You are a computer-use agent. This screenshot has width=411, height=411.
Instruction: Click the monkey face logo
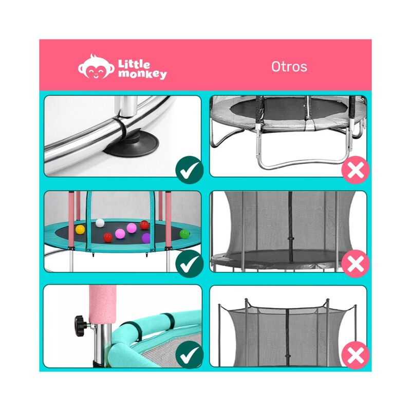point(96,68)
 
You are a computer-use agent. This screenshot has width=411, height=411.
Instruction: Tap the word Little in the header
point(135,64)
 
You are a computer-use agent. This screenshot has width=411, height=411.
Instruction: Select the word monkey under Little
point(142,75)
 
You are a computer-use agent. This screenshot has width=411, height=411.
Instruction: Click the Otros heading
point(289,67)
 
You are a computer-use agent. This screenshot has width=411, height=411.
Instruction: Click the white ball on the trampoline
point(100,223)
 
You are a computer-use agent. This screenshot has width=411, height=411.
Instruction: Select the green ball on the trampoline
point(184,234)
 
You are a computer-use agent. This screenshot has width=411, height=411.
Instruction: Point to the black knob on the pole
point(81,324)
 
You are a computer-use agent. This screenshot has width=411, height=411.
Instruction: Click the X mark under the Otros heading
point(355,170)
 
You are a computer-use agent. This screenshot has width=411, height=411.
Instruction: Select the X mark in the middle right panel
point(355,265)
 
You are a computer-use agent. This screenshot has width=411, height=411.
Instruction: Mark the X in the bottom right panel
point(355,356)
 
